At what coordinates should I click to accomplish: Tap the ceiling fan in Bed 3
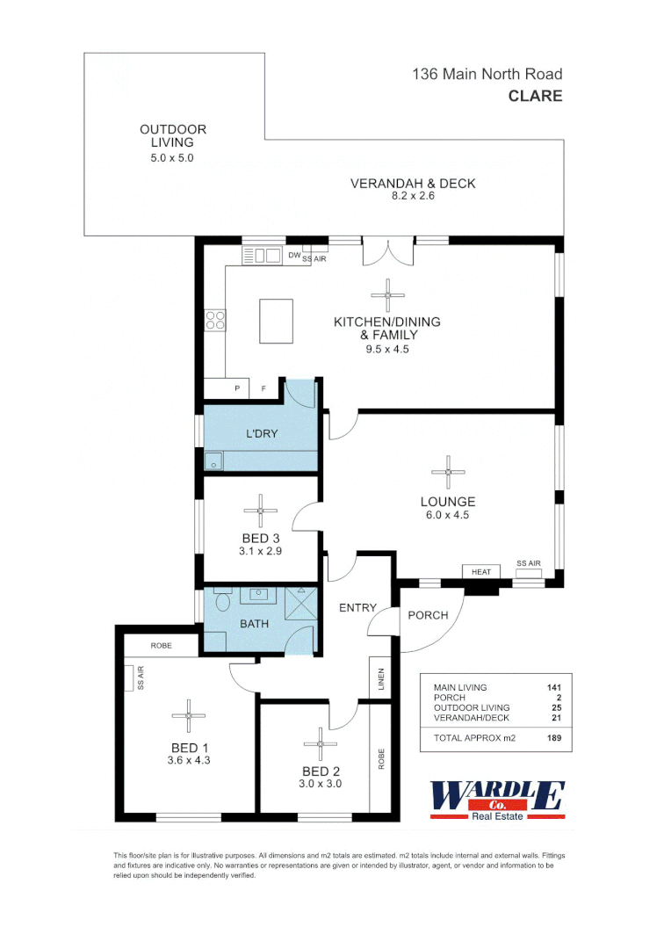[x=260, y=510]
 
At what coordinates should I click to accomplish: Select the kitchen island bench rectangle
[x=276, y=321]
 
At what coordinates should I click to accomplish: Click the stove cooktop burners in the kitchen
[x=214, y=321]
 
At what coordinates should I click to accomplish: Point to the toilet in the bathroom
[x=221, y=602]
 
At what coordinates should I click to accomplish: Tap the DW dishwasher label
[x=293, y=256]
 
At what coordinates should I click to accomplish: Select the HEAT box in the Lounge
[x=481, y=571]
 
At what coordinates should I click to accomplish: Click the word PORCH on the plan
[x=428, y=615]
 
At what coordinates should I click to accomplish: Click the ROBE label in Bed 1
[x=161, y=645]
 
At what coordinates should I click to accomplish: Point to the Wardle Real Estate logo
[x=496, y=800]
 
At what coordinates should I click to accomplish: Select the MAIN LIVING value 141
[x=552, y=687]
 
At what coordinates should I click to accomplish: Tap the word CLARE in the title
[x=535, y=96]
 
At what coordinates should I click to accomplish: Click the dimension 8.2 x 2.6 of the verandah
[x=413, y=196]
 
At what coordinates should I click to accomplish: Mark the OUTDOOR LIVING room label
[x=173, y=135]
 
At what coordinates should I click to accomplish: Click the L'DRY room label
[x=260, y=434]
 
